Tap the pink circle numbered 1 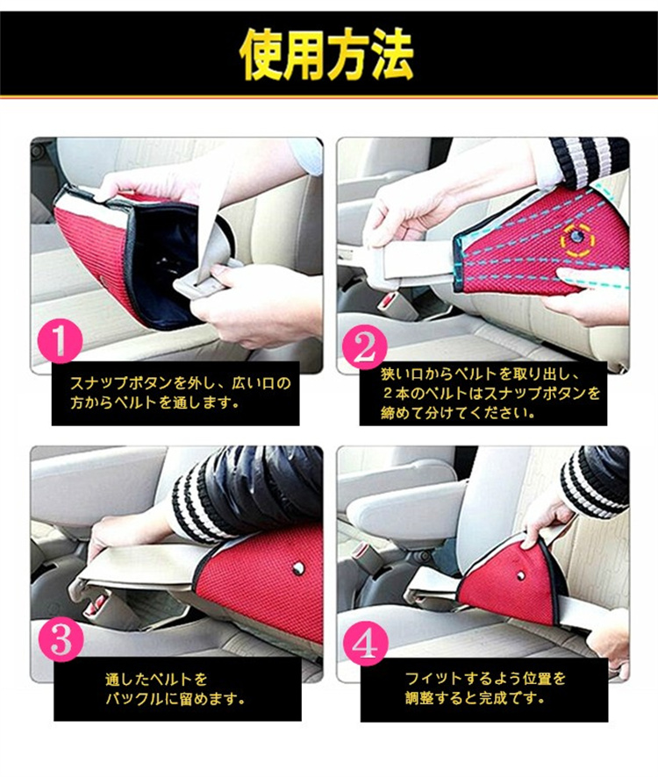pyautogui.click(x=60, y=340)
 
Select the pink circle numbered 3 pyautogui.click(x=61, y=640)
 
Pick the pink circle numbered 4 pyautogui.click(x=366, y=644)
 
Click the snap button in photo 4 pyautogui.click(x=520, y=574)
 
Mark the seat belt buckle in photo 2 pyautogui.click(x=391, y=300)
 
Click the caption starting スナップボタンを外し pyautogui.click(x=180, y=393)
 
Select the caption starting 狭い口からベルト pyautogui.click(x=490, y=393)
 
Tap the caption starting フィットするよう pyautogui.click(x=485, y=688)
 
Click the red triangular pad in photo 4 pyautogui.click(x=511, y=580)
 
